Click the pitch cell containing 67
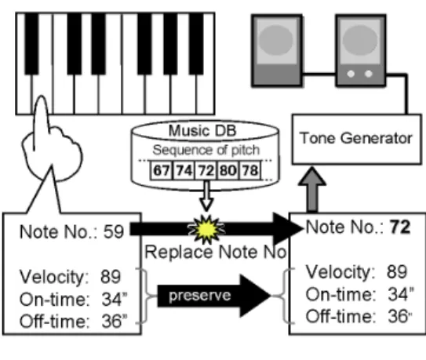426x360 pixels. [161, 170]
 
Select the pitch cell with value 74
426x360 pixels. [184, 170]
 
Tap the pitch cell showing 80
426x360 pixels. [228, 170]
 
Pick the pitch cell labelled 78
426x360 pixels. [250, 170]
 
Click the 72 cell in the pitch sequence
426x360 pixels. [206, 170]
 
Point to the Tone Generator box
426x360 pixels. [357, 140]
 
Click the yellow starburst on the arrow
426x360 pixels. [206, 229]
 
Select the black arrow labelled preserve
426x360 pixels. [214, 296]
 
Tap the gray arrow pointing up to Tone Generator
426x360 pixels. [312, 189]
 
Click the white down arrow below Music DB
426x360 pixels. [206, 196]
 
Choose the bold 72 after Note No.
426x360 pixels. [400, 227]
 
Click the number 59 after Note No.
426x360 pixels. [114, 231]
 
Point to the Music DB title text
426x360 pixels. [202, 131]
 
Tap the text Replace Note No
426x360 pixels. [216, 252]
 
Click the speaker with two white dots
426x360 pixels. [361, 50]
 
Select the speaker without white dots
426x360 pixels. [277, 50]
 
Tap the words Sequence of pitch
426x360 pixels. [206, 150]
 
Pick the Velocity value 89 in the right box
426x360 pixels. [397, 271]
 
